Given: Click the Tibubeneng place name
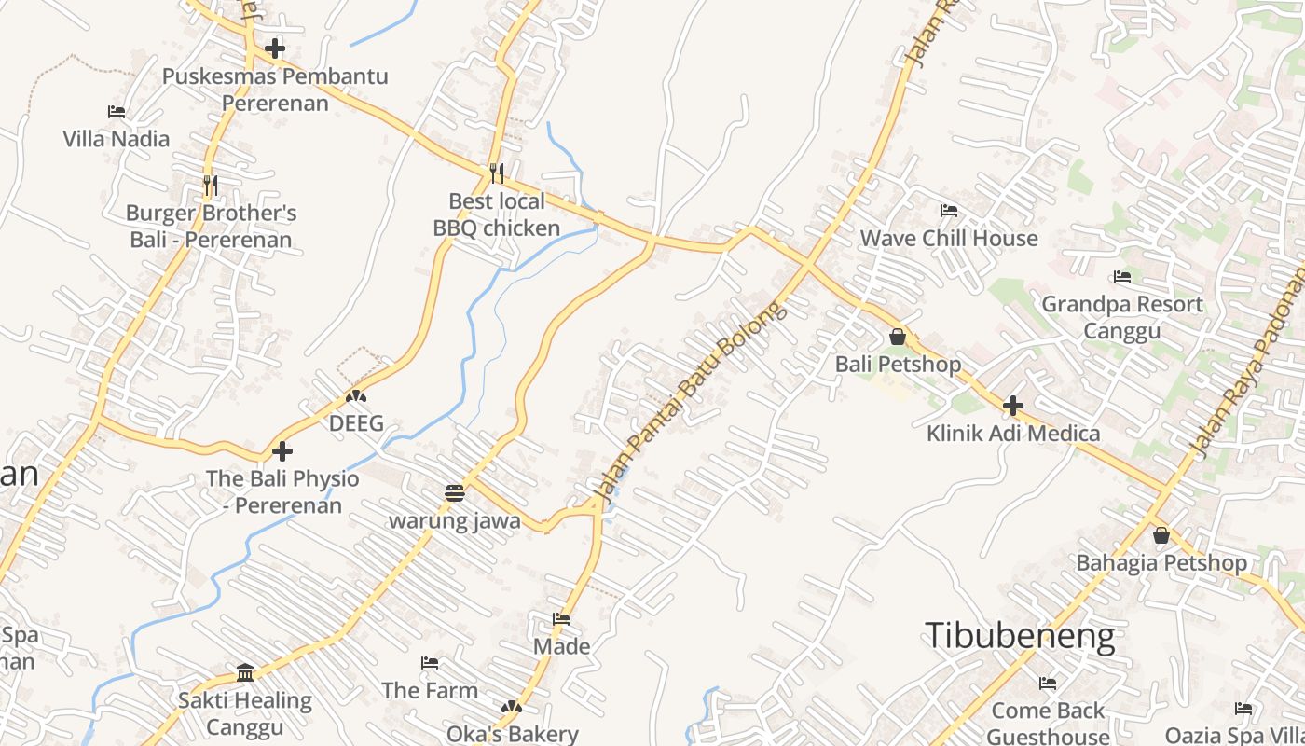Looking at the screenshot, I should tap(1020, 636).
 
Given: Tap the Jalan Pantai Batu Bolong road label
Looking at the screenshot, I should tap(691, 402).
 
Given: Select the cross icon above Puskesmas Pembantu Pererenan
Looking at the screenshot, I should tap(275, 48).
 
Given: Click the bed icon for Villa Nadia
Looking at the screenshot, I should tap(117, 112).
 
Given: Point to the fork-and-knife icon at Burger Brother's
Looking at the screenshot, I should tap(211, 186).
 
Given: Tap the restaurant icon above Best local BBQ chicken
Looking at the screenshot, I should tap(497, 173).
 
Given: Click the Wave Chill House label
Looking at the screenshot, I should tap(948, 239).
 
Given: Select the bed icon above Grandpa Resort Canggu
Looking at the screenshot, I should tap(1122, 277).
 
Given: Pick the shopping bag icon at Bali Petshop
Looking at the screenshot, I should tap(898, 337).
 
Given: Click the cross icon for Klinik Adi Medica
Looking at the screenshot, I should tap(1013, 406).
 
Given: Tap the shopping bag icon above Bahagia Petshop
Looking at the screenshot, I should tap(1161, 535).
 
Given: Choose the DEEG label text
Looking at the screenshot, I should tap(356, 424).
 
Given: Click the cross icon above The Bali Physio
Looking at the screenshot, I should tap(282, 451).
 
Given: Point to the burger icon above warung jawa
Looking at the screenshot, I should tap(455, 492).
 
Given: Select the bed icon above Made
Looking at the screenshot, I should tap(561, 619).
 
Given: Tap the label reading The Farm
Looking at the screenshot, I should tap(430, 691).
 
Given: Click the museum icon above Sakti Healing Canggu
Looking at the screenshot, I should tap(245, 672).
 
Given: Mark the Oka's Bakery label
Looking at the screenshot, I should tap(513, 734).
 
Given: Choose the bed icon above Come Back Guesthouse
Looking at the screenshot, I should tap(1048, 684).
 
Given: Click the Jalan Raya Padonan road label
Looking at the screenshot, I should tap(1250, 364).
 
